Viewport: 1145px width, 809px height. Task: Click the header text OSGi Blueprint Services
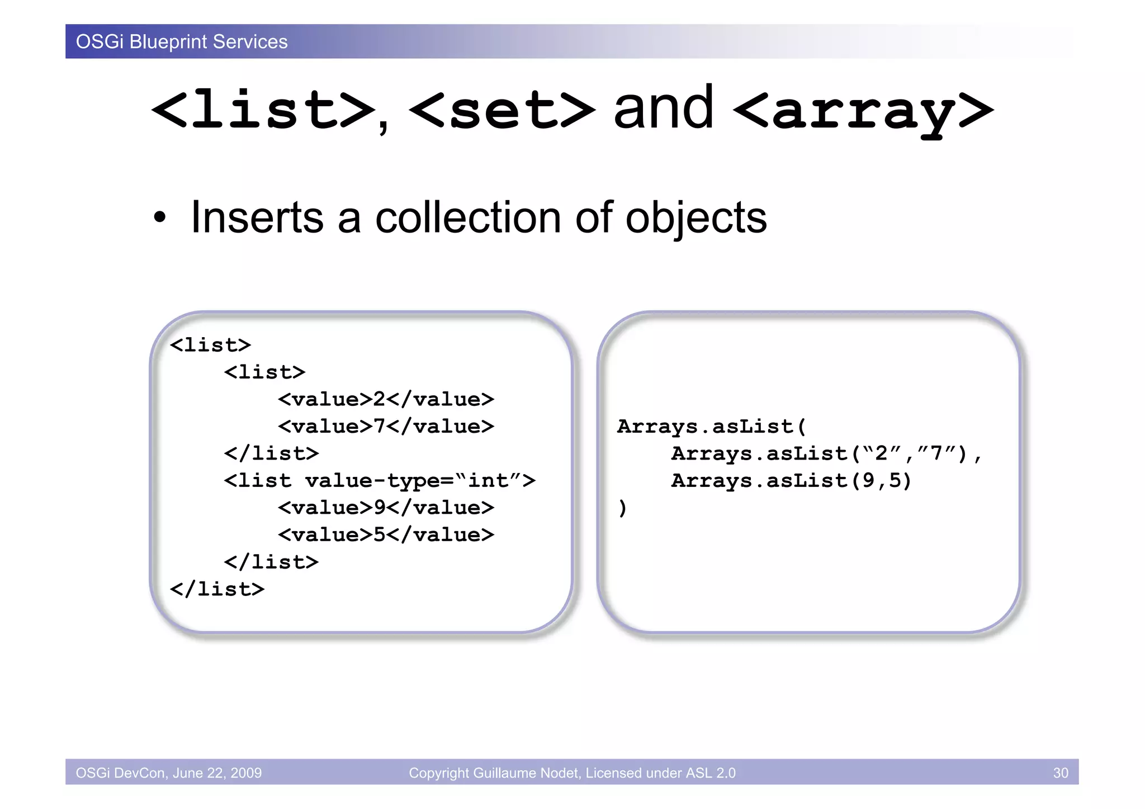[x=182, y=42]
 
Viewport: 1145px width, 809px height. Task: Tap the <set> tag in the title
[x=502, y=110]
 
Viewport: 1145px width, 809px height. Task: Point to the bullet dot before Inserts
[x=160, y=218]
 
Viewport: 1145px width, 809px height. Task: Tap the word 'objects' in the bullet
[x=696, y=218]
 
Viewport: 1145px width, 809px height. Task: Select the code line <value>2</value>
[x=386, y=399]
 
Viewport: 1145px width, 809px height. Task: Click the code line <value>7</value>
[x=386, y=427]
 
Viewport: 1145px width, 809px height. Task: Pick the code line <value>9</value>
[x=386, y=508]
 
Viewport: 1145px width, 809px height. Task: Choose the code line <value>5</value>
[x=386, y=535]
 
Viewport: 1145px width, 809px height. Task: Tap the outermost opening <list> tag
[x=211, y=345]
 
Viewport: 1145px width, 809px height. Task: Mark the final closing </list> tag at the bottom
[x=217, y=589]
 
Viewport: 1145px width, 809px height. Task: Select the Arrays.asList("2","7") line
[x=826, y=453]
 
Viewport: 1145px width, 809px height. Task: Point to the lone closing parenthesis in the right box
[x=622, y=508]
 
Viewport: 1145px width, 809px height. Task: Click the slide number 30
[x=1060, y=773]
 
